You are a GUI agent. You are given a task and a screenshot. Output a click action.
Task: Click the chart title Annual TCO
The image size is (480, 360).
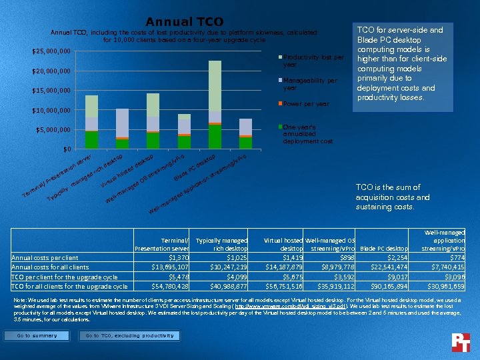pos(184,22)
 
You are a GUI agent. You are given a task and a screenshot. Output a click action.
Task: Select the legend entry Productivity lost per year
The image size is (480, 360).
pos(312,61)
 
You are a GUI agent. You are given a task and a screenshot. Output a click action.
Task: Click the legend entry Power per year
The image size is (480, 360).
pos(305,104)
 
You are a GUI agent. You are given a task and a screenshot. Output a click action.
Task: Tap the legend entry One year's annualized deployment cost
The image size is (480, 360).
pos(308,133)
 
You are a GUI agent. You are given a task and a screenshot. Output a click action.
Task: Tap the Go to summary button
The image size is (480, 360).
pos(37,336)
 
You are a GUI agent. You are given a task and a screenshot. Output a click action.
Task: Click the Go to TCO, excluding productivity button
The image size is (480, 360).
pos(129,336)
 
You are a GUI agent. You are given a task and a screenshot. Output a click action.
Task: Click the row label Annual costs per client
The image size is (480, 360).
pos(46,257)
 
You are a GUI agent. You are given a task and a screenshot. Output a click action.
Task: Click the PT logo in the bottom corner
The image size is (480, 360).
pos(461,341)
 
